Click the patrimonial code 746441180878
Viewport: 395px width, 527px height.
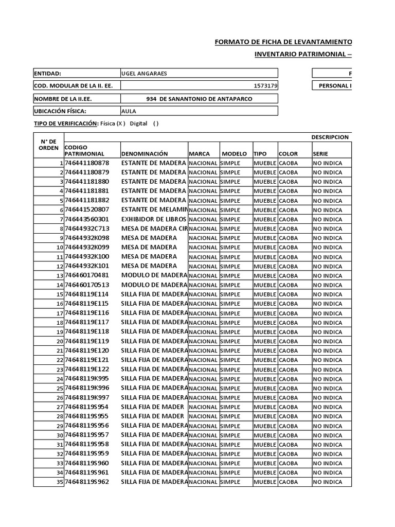tap(87, 163)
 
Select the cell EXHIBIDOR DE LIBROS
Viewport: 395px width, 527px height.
tap(154, 219)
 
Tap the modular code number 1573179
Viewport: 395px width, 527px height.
tap(266, 86)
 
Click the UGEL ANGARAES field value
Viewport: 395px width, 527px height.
tap(144, 73)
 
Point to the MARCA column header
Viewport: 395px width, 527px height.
tap(200, 154)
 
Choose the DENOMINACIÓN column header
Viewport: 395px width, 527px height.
tap(145, 154)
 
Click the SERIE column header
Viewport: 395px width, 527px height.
tap(319, 154)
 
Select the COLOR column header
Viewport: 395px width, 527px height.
tap(288, 154)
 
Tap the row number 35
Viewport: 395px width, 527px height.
tap(59, 482)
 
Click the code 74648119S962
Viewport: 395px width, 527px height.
tap(87, 482)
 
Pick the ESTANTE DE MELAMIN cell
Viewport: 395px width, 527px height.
tap(154, 210)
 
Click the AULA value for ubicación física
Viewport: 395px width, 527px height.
tap(129, 111)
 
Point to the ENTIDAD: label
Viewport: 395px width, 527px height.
tap(48, 73)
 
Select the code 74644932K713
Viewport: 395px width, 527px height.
tap(87, 229)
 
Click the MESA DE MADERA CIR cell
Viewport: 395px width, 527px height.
tap(154, 229)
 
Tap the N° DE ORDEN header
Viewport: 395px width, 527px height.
tap(48, 145)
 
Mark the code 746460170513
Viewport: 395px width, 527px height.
tap(87, 285)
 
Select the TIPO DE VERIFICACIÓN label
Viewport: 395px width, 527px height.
tap(65, 124)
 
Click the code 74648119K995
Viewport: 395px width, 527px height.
tap(87, 379)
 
